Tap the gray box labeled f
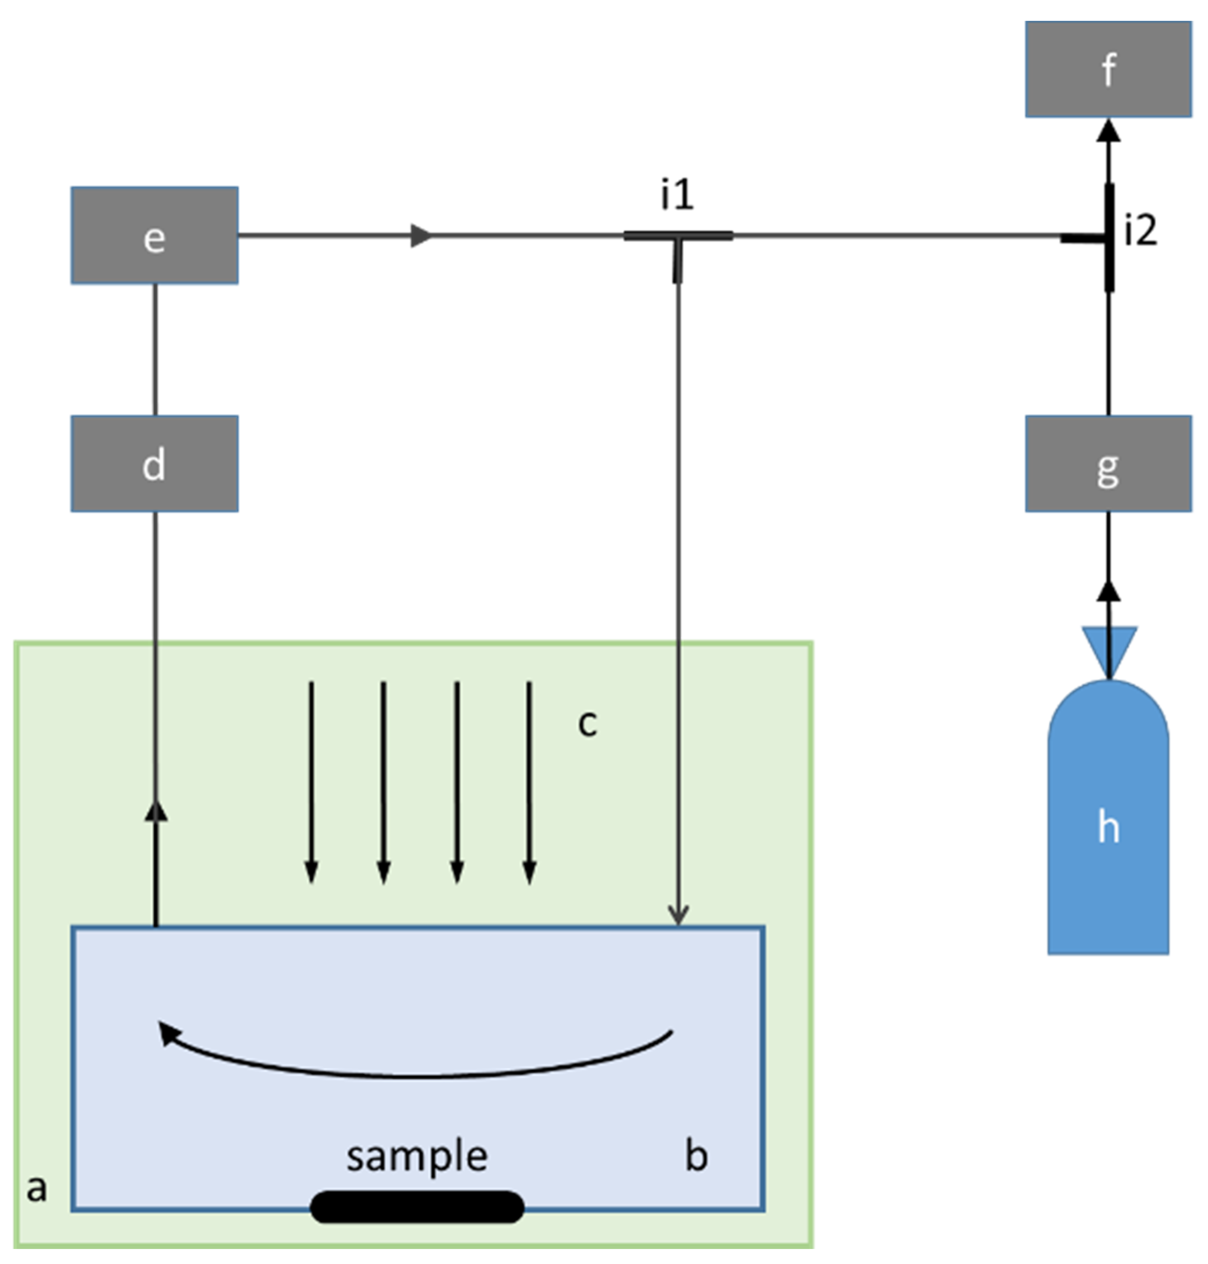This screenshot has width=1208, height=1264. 1108,69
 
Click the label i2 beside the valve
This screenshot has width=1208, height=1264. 1140,231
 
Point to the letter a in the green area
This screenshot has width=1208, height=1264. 37,1188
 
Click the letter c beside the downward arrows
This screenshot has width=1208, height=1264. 587,723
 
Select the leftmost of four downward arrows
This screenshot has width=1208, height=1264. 311,782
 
